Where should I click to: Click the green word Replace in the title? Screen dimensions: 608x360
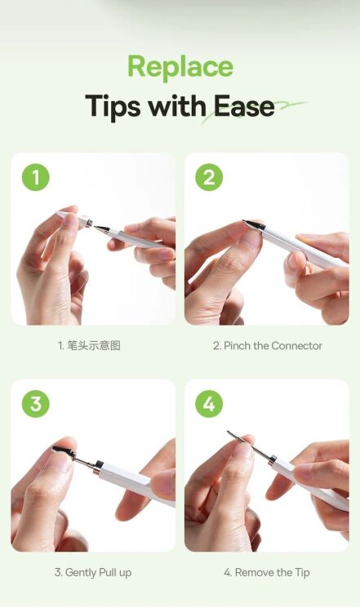coord(180,67)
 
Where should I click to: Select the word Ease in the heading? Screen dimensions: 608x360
coord(243,106)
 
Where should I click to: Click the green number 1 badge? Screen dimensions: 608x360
coord(36,177)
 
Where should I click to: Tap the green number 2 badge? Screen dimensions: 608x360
coord(209,177)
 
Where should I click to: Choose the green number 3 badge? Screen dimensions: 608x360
coord(36,404)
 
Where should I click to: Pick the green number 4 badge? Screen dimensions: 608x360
coord(209,404)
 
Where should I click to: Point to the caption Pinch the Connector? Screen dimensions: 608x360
coord(268,346)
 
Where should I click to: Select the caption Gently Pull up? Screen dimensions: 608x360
coord(93,573)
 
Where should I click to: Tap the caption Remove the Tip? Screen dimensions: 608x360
coord(267,573)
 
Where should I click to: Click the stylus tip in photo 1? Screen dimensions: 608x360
coord(101,228)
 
